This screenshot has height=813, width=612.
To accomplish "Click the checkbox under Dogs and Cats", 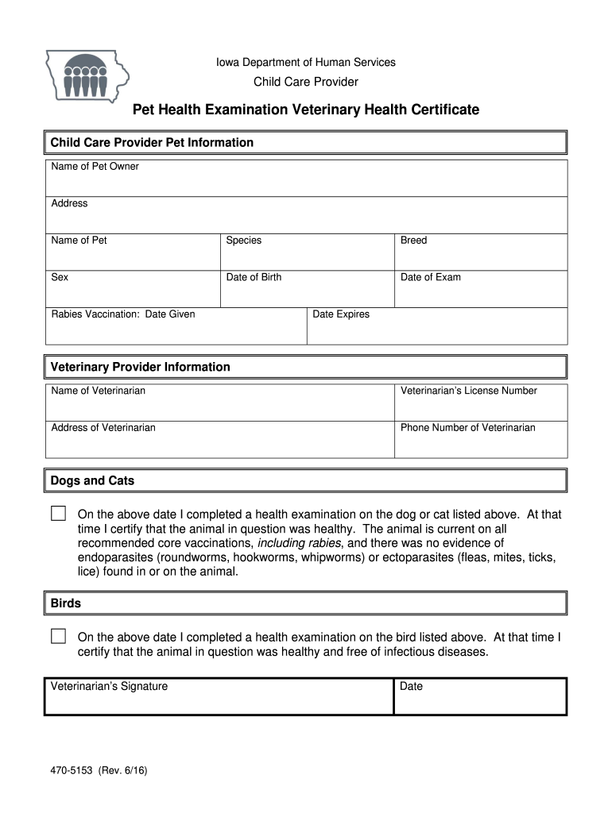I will (58, 513).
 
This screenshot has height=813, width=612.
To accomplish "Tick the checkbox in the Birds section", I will (58, 636).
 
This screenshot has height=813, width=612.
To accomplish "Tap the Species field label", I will (243, 241).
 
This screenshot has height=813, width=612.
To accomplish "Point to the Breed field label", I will (413, 241).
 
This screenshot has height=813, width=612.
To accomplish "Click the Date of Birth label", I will (254, 277).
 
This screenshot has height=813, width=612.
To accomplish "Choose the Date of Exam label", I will (430, 277).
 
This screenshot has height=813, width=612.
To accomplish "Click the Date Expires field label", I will (341, 314).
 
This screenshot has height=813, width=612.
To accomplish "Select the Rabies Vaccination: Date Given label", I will (122, 314).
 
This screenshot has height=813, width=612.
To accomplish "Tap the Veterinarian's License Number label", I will (468, 391).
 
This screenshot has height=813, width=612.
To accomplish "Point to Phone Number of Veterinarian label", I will (467, 427).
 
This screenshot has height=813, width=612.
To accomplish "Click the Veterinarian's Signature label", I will (109, 686).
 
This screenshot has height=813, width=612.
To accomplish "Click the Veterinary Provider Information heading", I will (140, 367).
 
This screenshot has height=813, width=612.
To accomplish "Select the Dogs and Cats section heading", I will (92, 480).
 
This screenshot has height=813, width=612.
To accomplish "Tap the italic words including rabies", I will (300, 543).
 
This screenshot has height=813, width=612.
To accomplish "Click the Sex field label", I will (60, 277).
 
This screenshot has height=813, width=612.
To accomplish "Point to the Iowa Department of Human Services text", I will (306, 62).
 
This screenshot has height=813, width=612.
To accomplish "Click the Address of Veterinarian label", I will (103, 427).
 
